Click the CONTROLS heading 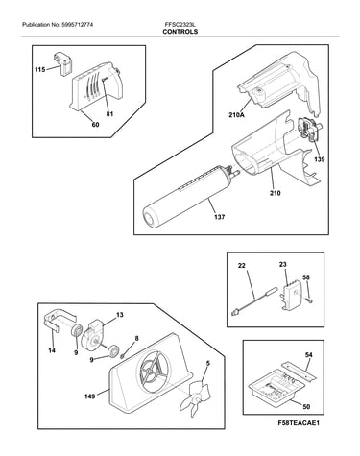(x=180, y=32)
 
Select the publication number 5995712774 (x=78, y=24)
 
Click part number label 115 (x=40, y=69)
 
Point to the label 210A (x=236, y=114)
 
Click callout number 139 (x=319, y=159)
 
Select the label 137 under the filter (x=219, y=217)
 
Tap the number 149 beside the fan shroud (x=89, y=396)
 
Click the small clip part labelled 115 (x=63, y=63)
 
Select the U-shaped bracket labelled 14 (x=60, y=321)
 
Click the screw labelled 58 (x=309, y=300)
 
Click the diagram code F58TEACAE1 (x=299, y=423)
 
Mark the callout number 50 (x=306, y=407)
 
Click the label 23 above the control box (x=282, y=265)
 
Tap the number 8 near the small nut (x=137, y=338)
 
